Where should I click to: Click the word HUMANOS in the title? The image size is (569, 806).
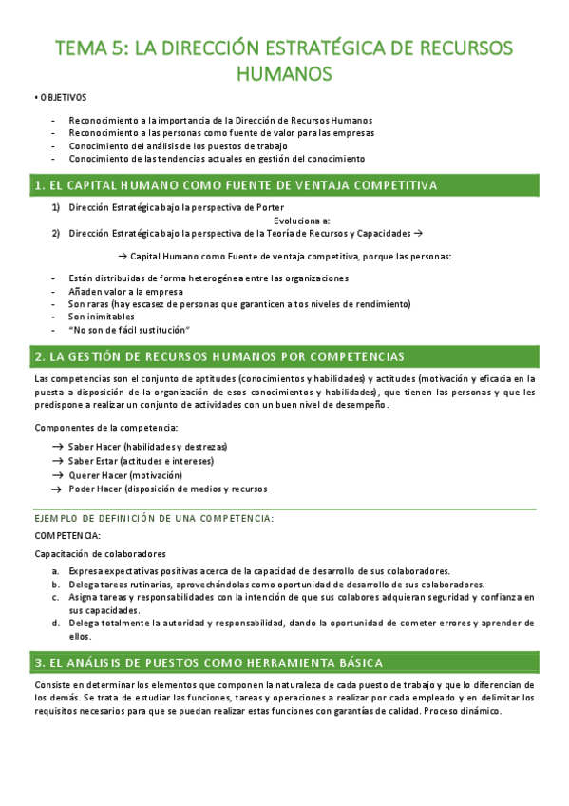click(284, 73)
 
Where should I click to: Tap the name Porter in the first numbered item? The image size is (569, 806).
click(272, 207)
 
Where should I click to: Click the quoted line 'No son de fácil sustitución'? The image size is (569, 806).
click(130, 329)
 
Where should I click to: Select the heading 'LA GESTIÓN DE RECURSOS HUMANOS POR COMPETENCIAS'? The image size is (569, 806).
click(218, 356)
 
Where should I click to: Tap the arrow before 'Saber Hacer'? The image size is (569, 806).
click(58, 447)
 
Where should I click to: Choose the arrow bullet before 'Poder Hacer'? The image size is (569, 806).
click(58, 489)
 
